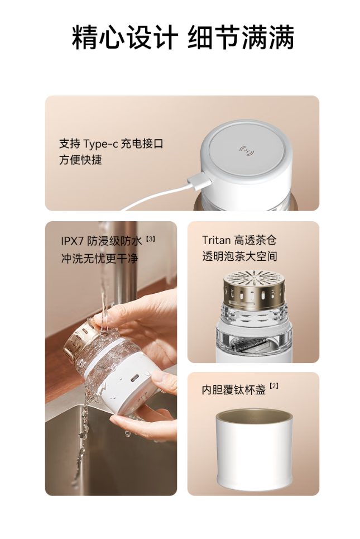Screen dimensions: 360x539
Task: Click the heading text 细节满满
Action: coord(241,37)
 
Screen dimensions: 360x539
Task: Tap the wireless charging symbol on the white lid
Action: coord(247,151)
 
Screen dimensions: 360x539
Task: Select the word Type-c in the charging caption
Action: coord(100,144)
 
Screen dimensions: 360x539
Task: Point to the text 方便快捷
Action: coord(81,160)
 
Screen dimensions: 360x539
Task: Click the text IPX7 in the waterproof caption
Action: coord(72,241)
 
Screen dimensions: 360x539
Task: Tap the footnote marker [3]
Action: coord(151,238)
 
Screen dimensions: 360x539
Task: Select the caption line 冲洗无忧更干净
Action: coord(99,259)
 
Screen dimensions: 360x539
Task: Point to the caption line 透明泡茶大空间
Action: coord(239,256)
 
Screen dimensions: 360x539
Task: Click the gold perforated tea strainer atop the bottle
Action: coord(254,289)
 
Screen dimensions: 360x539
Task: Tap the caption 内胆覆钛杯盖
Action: coord(234,390)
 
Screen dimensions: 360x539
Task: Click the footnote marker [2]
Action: coord(274,386)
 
